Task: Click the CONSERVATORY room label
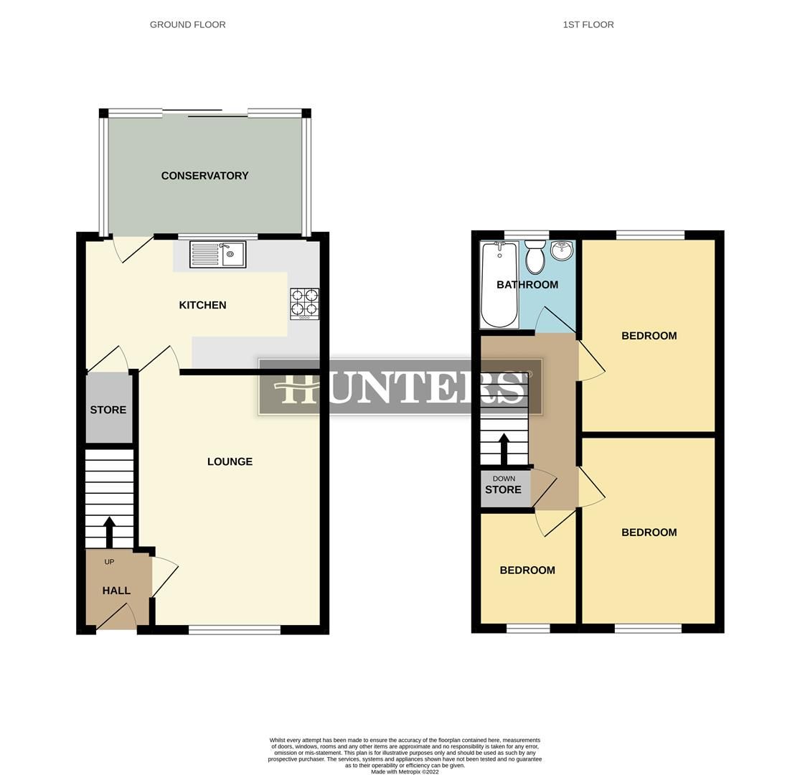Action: (204, 176)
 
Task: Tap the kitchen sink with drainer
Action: (217, 255)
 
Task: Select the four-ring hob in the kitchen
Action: (304, 304)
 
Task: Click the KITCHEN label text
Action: (202, 305)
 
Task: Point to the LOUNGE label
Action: (230, 461)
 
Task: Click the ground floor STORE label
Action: (108, 410)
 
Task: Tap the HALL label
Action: (116, 591)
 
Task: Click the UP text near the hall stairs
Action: (109, 562)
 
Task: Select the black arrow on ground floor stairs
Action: (109, 532)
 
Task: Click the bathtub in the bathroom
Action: (499, 285)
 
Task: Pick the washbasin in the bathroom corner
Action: (562, 251)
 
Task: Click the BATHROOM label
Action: (527, 285)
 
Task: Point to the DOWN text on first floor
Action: (504, 479)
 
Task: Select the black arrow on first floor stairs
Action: (504, 449)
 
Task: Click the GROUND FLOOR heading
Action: (187, 24)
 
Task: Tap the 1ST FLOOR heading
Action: (588, 24)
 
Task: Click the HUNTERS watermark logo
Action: (400, 387)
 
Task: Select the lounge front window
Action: (235, 630)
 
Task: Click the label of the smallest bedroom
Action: (527, 570)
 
